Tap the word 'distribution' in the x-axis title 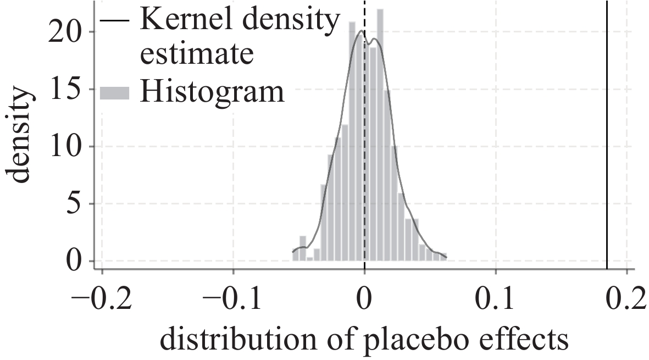click(x=231, y=341)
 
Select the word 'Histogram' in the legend click(x=212, y=92)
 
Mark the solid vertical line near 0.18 click(x=607, y=137)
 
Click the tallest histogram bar click(x=380, y=137)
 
